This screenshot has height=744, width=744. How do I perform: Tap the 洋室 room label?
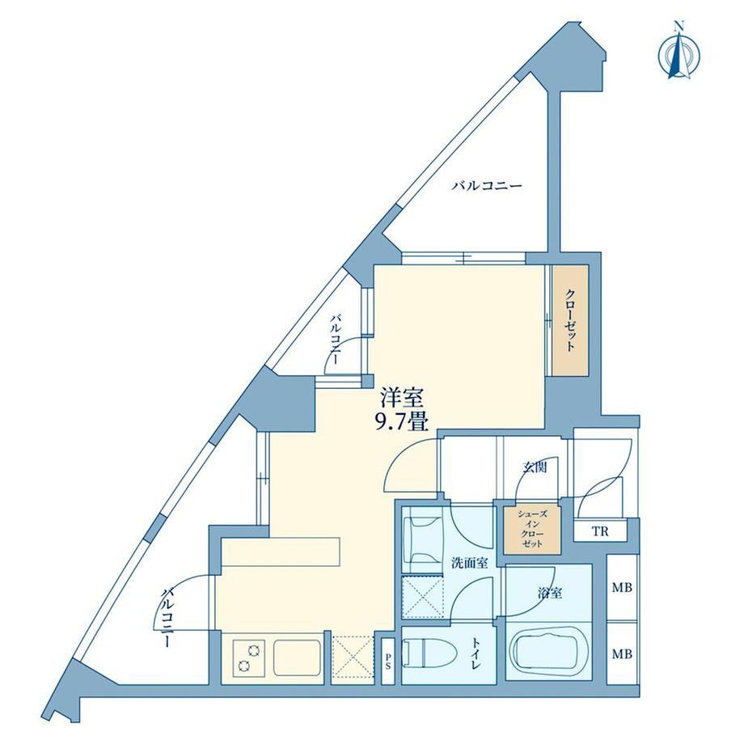(401, 399)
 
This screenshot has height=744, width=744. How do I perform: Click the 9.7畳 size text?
(401, 421)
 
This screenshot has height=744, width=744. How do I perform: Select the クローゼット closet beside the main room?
(570, 320)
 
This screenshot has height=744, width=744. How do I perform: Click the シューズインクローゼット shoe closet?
(532, 529)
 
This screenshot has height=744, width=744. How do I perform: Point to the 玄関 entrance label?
(535, 467)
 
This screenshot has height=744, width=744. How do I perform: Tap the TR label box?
(600, 531)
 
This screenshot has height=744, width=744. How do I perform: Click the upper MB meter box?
(622, 587)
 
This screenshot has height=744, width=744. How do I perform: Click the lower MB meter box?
(622, 654)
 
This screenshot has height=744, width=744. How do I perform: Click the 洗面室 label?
(469, 563)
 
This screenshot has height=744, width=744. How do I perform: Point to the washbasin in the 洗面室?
(421, 540)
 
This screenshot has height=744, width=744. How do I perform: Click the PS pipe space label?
(387, 662)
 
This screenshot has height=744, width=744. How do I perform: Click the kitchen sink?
(297, 658)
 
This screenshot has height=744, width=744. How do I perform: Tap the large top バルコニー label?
(486, 185)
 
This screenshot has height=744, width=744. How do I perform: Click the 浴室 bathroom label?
(550, 593)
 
